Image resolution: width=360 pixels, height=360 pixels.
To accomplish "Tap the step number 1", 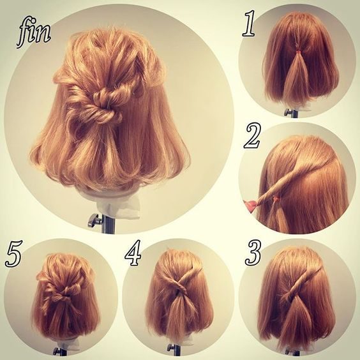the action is tap(249, 23).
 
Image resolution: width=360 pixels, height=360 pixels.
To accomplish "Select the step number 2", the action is tap(251, 136).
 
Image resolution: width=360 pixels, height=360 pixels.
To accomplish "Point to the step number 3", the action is tap(253, 253).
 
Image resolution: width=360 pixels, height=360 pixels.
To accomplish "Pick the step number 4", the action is tap(133, 253).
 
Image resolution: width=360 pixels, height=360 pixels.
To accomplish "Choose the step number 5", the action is tap(14, 253).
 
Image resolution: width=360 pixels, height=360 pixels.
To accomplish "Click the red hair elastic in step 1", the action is tap(298, 52).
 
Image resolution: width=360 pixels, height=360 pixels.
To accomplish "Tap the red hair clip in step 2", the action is tap(250, 206).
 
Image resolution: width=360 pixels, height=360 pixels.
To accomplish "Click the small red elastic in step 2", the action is tap(276, 197).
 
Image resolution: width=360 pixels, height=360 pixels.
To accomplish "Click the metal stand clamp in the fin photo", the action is tap(95, 220).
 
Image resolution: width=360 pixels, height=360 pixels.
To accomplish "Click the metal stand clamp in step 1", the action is tap(289, 112).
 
